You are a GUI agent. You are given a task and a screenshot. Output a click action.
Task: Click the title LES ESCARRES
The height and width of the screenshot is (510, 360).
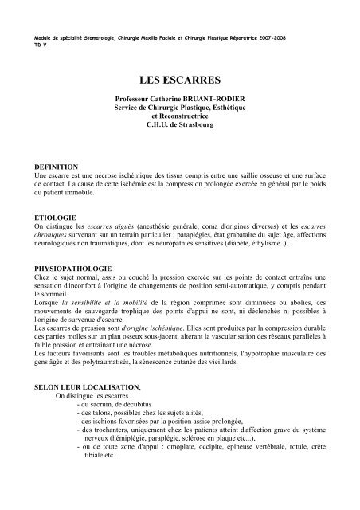point(179,80)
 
